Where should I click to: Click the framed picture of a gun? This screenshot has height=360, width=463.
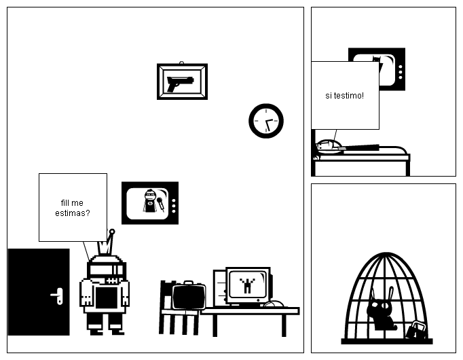182,82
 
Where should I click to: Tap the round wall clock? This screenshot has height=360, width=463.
266,121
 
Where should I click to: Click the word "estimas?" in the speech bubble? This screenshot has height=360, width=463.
73,213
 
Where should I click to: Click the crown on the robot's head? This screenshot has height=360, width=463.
108,243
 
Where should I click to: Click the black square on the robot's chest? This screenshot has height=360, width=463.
105,298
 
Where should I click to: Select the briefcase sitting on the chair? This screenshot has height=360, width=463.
188,296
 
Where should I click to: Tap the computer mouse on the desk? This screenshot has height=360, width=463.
274,304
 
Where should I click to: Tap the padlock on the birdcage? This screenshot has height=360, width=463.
416,331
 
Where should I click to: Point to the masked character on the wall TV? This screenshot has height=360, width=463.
150,202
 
